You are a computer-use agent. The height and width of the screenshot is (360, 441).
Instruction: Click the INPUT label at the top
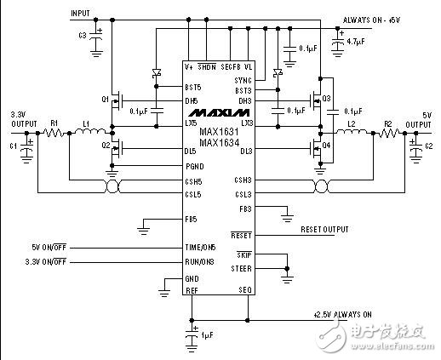click(x=81, y=14)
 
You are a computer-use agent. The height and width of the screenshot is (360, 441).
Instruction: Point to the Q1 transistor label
click(x=105, y=99)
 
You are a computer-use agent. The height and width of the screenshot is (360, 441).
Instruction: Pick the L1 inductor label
click(x=87, y=124)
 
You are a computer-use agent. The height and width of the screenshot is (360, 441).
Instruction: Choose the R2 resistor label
click(x=387, y=124)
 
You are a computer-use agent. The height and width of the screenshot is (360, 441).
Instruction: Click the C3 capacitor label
click(x=83, y=35)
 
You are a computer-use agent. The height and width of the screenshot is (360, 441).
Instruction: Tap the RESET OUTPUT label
click(x=325, y=229)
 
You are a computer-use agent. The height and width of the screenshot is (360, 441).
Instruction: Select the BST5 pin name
click(x=194, y=86)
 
